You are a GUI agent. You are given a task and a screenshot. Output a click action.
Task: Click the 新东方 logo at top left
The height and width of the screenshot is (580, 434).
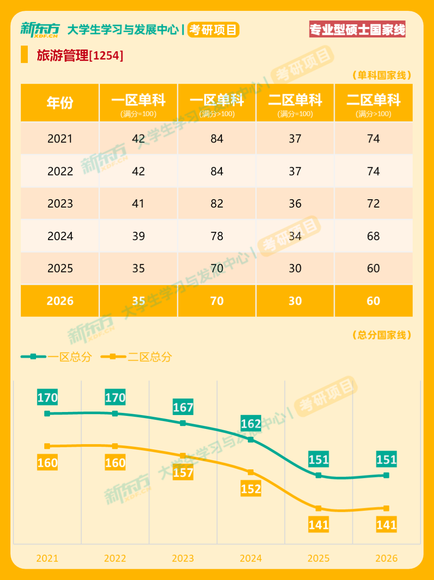[x=40, y=30]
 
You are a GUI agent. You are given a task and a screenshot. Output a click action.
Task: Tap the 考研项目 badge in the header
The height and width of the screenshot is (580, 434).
[x=213, y=30]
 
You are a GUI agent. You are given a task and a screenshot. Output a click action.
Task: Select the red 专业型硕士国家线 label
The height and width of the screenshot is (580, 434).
[x=357, y=30]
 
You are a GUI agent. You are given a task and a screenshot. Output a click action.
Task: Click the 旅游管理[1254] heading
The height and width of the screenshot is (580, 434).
[x=80, y=56]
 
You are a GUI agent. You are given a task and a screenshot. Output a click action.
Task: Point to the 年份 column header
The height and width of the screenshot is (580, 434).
[x=60, y=103]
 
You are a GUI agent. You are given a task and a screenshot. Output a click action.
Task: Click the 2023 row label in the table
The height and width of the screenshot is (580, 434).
[x=60, y=204]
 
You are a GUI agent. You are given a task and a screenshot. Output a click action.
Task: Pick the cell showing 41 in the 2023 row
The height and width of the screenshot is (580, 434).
[x=138, y=204]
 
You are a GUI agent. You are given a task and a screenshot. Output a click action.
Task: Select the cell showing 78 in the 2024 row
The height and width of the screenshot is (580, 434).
[x=217, y=236]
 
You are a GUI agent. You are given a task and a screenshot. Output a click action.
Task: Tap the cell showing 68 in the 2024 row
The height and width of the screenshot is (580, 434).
[x=373, y=236]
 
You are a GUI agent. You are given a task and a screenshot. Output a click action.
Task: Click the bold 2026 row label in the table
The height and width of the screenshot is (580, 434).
[x=60, y=301]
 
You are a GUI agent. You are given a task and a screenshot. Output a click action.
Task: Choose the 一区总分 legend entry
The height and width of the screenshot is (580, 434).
[x=57, y=357]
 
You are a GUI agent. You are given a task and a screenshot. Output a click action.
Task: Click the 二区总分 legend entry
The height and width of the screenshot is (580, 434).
[x=137, y=357]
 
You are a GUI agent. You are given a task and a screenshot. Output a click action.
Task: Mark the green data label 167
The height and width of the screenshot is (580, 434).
[x=183, y=407]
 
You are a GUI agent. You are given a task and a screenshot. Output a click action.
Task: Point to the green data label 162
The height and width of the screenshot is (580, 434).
[x=251, y=424]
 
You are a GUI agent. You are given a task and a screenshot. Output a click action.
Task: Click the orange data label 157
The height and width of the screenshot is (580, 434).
[x=183, y=472]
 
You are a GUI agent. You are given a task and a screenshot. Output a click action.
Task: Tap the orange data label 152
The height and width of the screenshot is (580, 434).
[x=251, y=489]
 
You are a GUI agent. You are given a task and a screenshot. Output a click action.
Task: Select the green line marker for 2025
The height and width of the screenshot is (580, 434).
[x=319, y=475]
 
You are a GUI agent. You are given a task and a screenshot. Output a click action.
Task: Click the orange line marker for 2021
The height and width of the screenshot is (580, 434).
[x=47, y=446]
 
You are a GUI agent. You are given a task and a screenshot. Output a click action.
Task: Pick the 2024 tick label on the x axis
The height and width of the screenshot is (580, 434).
[x=251, y=558]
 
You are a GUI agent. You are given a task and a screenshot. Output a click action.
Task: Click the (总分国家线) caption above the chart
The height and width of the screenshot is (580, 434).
[x=381, y=335]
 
